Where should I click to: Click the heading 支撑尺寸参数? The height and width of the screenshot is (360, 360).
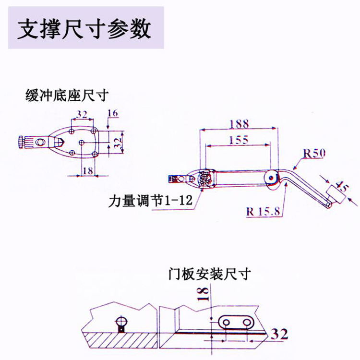[84, 28]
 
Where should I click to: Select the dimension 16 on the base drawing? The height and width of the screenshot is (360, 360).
[113, 113]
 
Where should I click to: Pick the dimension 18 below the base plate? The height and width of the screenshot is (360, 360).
[87, 170]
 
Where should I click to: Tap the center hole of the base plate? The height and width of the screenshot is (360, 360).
[81, 142]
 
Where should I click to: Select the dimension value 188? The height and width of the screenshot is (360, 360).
[239, 123]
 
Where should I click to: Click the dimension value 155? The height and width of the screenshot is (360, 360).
[238, 140]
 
